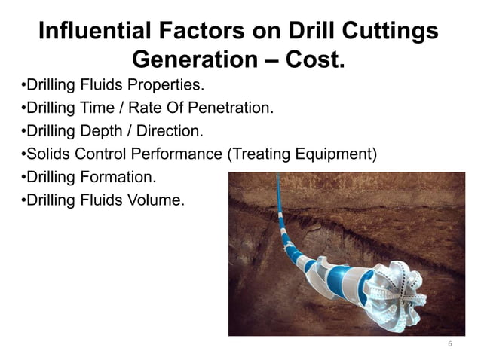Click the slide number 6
click(x=449, y=344)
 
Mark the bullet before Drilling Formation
click(x=22, y=178)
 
